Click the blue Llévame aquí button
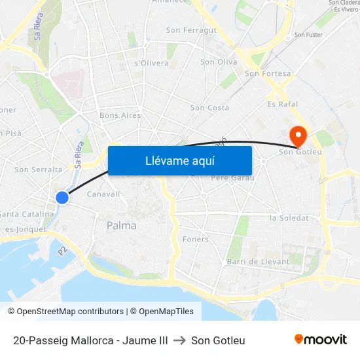(179, 160)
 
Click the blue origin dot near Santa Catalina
(62, 197)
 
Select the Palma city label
(122, 226)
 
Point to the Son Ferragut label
(191, 30)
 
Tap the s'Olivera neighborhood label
(151, 63)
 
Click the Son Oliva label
(219, 62)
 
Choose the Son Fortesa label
(267, 74)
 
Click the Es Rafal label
(283, 104)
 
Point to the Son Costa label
(209, 107)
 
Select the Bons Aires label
(120, 115)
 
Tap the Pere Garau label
(232, 177)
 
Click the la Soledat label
(289, 217)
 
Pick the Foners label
(196, 239)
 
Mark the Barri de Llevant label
(257, 262)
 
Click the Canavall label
(103, 194)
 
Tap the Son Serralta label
(38, 170)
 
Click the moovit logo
(321, 340)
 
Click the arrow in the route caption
(179, 340)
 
